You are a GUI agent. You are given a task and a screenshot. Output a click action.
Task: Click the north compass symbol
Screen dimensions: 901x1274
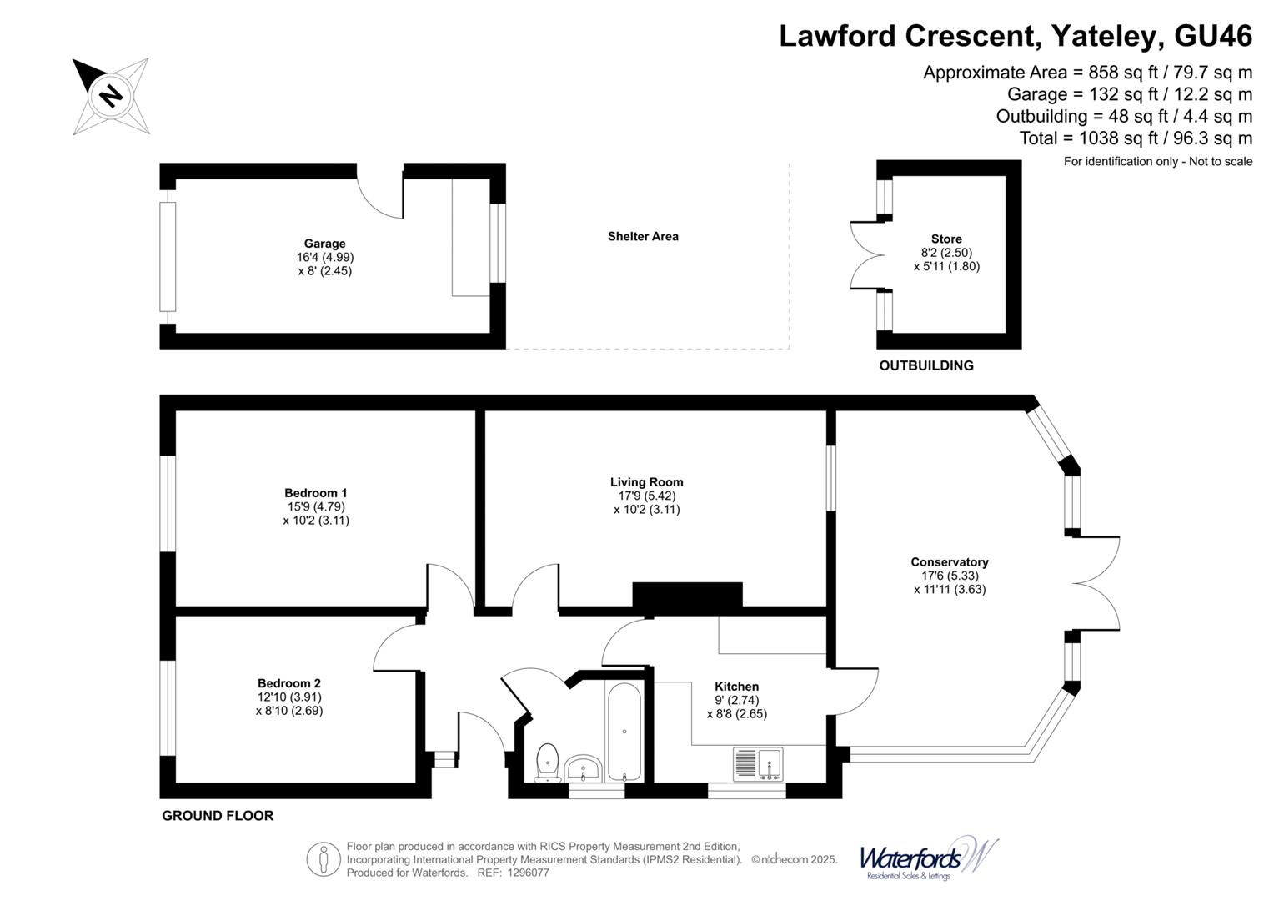[111, 96]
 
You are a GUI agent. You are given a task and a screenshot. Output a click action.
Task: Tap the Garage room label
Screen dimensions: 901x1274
[324, 244]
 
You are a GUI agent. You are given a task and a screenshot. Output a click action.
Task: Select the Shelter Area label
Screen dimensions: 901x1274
[642, 236]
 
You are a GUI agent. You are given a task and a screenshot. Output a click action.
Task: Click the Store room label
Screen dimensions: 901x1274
[946, 239]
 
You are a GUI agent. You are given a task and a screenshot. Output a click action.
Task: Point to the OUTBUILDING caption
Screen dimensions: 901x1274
[925, 365]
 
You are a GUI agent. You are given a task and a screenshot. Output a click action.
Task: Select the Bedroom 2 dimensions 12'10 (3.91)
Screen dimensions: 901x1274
[289, 697]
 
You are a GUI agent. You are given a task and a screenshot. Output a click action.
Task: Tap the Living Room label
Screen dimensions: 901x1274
[646, 481]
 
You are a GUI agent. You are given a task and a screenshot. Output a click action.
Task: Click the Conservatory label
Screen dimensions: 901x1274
[949, 562]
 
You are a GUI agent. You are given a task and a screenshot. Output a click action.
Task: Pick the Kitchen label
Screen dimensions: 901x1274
[736, 687]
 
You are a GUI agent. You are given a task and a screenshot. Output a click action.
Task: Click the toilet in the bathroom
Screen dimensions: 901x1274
[547, 761]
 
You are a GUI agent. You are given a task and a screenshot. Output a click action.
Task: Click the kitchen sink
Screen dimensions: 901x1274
[758, 763]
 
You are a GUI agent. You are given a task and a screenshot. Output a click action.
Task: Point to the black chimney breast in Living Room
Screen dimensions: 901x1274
[687, 596]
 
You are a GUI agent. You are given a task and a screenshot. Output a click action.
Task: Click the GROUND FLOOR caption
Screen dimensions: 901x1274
[218, 816]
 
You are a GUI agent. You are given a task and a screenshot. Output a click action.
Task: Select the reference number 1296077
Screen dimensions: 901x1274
[524, 873]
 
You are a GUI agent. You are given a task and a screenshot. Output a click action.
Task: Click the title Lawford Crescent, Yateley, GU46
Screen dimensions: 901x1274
[1015, 36]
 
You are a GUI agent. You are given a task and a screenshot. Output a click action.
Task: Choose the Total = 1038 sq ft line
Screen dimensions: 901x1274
[1135, 138]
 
